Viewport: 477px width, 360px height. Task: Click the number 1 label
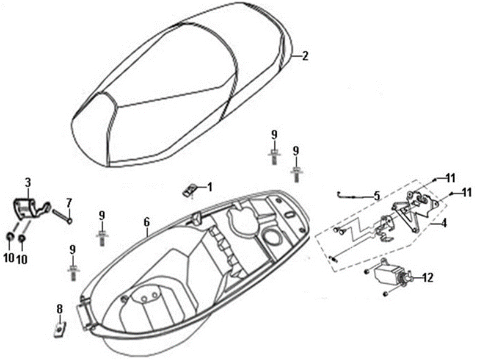pos(209,187)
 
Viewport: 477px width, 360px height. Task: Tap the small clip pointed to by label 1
pos(189,191)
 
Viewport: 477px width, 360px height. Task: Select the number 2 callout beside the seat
pos(305,56)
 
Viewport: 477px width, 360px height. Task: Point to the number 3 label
pos(27,182)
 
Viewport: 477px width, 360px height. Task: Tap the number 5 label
pos(377,196)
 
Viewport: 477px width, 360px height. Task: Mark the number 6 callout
pos(147,224)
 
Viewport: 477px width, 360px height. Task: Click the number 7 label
pos(69,202)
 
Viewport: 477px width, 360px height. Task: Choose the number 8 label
pos(59,309)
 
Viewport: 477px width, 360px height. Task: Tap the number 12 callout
pos(427,278)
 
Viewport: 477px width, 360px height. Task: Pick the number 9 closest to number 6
pos(102,215)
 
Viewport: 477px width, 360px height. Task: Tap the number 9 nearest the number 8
pos(73,250)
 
